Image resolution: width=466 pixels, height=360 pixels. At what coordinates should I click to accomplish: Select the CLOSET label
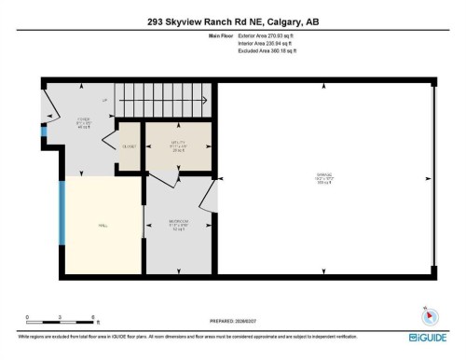[x=130, y=147]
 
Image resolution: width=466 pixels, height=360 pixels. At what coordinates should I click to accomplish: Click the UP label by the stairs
[x=104, y=99]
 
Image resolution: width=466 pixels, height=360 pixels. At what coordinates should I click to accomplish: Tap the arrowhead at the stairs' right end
[x=210, y=105]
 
